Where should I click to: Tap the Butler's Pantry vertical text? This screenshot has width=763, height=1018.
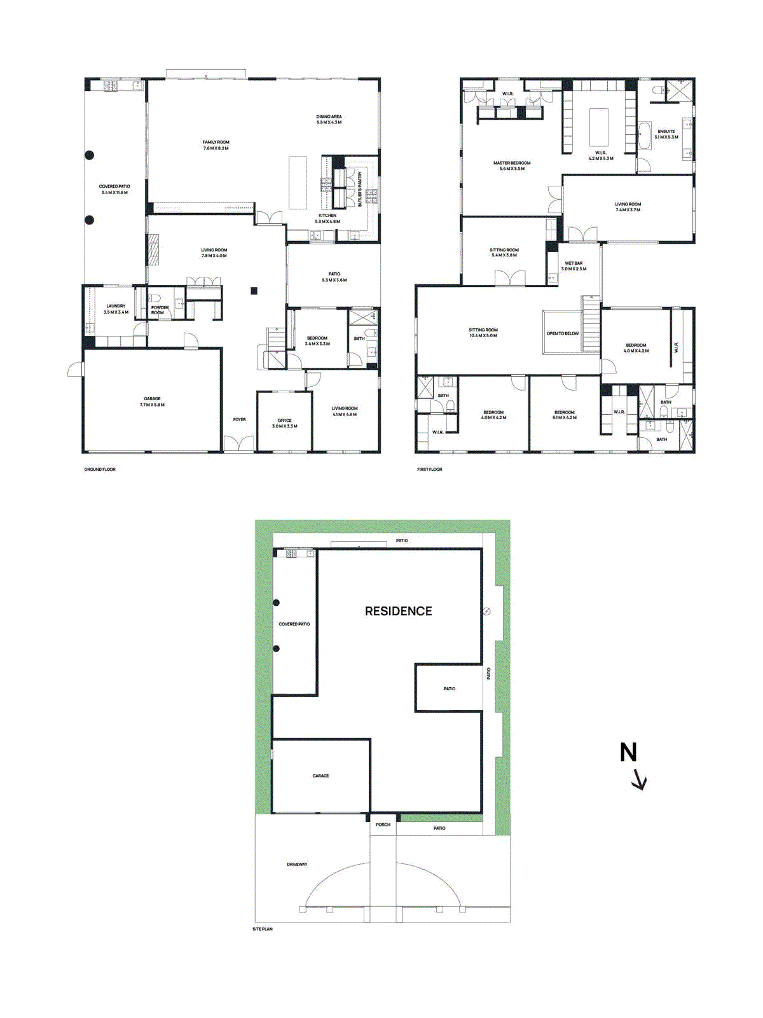coord(360,188)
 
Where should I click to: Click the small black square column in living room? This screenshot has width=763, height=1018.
coord(254,291)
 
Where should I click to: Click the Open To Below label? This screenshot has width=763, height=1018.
coord(563,333)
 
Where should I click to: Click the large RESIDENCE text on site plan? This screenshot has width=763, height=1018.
coord(398,611)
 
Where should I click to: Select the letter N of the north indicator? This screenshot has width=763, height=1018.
coord(628,753)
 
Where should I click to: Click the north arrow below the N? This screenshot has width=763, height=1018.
coord(640,779)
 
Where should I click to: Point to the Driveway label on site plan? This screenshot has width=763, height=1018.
coord(297,864)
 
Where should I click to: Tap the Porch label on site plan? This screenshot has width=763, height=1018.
coord(383,825)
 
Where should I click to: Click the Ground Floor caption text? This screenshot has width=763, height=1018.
coord(100,470)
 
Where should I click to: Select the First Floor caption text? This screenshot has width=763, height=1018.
coord(429,470)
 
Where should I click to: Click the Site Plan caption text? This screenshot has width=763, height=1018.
coord(262,929)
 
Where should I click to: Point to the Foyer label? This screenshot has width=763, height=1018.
coord(239,419)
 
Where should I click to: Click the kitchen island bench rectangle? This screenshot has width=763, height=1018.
coord(297,183)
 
